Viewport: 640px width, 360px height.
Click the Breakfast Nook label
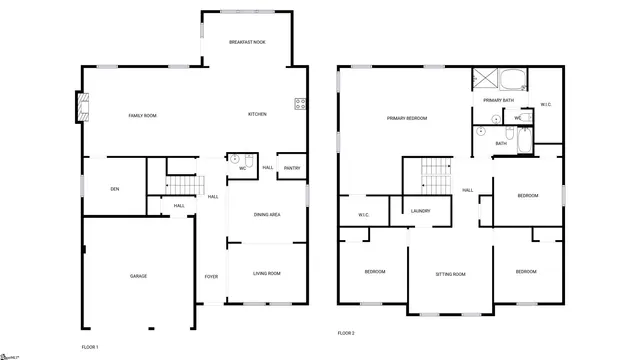pyautogui.click(x=247, y=42)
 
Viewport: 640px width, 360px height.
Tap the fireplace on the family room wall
pyautogui.click(x=82, y=108)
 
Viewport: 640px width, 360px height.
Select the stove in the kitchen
pyautogui.click(x=299, y=102)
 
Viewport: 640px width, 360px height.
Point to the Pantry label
pyautogui.click(x=292, y=168)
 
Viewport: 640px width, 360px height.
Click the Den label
pyautogui.click(x=115, y=189)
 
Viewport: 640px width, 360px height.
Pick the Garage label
pyautogui.click(x=138, y=276)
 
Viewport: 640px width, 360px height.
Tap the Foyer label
pyautogui.click(x=212, y=276)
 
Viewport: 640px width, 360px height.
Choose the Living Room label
pyautogui.click(x=266, y=273)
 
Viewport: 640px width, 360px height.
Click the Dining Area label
pyautogui.click(x=267, y=215)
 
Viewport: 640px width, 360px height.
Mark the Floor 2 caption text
pyautogui.click(x=346, y=332)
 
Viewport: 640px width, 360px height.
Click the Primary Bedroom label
pyautogui.click(x=407, y=118)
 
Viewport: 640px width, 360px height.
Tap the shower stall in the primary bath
pyautogui.click(x=485, y=80)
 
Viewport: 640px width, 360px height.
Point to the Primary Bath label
pyautogui.click(x=498, y=101)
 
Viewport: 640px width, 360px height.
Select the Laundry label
pyautogui.click(x=421, y=211)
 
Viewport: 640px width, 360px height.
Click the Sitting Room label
pyautogui.click(x=451, y=274)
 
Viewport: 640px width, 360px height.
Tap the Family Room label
pyautogui.click(x=143, y=116)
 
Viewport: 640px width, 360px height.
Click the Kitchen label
pyautogui.click(x=257, y=114)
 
